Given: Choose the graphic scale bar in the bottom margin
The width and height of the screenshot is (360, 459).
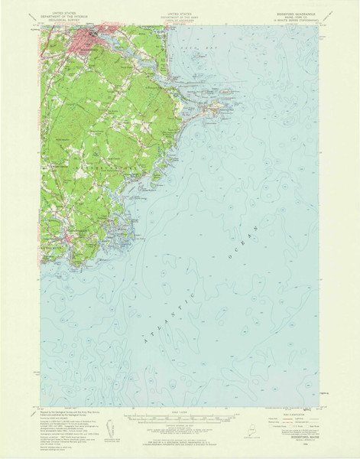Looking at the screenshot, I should click(x=180, y=418).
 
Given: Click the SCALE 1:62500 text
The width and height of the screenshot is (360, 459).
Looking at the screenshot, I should click(x=180, y=412).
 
